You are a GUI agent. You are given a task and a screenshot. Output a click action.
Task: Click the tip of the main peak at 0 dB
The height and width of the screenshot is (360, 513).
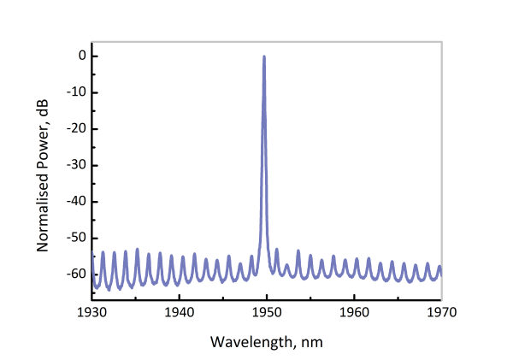[x=264, y=56]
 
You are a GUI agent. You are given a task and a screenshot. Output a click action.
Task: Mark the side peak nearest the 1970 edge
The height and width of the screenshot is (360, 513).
[x=439, y=267]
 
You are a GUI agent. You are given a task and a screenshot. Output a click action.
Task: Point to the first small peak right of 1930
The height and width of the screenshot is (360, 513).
[x=103, y=252]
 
